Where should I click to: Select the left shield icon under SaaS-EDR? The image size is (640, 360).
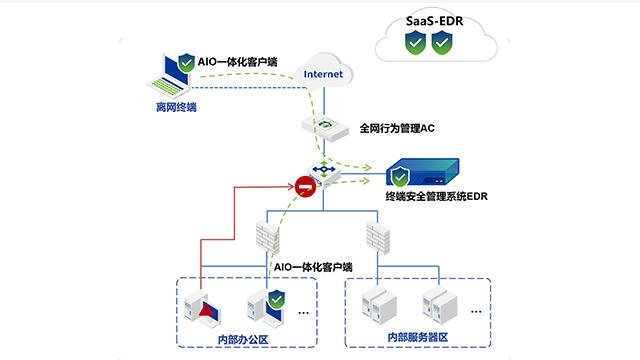click(x=415, y=44)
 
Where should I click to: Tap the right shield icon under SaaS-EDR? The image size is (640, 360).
click(x=444, y=44)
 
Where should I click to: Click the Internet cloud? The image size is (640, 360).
click(x=322, y=71)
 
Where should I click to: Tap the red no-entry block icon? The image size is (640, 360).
click(x=305, y=186)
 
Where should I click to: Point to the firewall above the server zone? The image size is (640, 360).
click(x=377, y=237)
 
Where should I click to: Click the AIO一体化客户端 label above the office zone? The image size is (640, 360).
click(x=313, y=268)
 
